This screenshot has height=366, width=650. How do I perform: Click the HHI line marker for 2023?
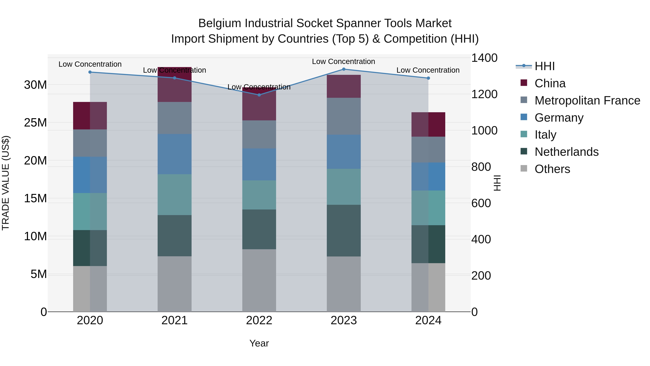343,69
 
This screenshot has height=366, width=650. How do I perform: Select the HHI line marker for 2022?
259,95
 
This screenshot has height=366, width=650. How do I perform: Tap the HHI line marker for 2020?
90,72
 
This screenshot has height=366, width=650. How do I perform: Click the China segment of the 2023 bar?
343,86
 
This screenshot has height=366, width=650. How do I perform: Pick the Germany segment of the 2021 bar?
174,154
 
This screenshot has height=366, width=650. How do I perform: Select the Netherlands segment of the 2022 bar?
259,229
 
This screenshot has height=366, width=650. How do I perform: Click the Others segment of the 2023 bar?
343,284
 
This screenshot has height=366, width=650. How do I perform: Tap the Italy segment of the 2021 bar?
174,194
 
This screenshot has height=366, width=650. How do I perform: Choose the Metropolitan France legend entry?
587,100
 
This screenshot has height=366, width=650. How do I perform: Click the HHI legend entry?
545,66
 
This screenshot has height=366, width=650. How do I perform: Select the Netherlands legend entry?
566,152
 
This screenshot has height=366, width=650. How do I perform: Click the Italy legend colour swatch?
524,134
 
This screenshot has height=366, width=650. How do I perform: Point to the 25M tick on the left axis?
35,123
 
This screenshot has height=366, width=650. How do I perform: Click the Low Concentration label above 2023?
343,61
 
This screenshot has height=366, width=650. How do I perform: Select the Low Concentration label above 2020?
90,64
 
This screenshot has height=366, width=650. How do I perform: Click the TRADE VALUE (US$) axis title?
6,183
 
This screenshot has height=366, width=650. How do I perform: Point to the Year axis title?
259,343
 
